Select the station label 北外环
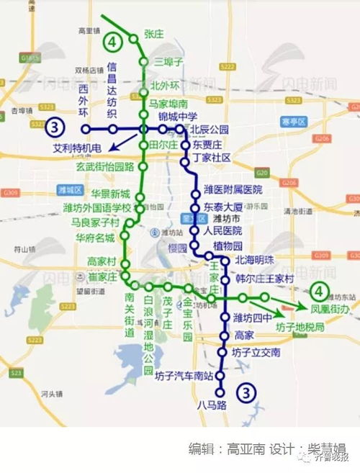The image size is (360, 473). point(165,86)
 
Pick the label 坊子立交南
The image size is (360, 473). point(256,353)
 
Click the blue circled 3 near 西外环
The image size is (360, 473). point(55,129)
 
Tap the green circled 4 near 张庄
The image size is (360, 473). point(112,42)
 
